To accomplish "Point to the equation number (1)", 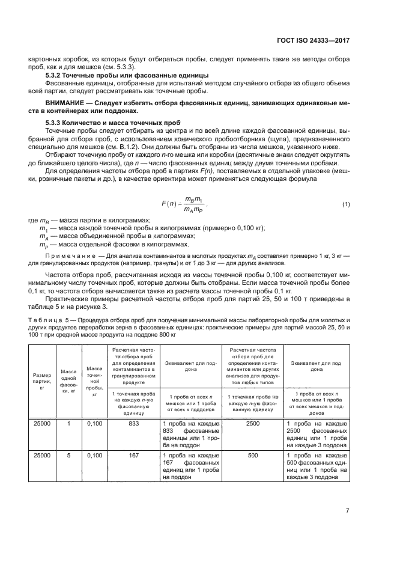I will click(x=345, y=204).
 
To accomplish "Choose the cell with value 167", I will click(x=134, y=456).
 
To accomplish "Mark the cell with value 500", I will click(x=252, y=456).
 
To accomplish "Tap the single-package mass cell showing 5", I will click(x=68, y=456).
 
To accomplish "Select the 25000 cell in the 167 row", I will click(x=42, y=456).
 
